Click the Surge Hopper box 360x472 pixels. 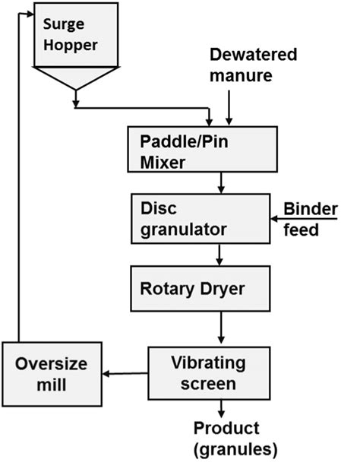(x=76, y=35)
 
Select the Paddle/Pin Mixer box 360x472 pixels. (x=203, y=149)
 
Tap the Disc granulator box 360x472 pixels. (x=201, y=219)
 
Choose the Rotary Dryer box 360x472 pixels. (x=201, y=289)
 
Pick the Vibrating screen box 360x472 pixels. (x=209, y=373)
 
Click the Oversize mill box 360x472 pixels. (x=52, y=375)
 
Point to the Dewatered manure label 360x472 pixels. (x=253, y=65)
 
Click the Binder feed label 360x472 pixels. (x=311, y=220)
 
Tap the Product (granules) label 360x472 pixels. (x=235, y=439)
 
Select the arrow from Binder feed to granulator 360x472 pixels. (x=304, y=219)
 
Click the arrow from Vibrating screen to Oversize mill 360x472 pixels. (x=125, y=374)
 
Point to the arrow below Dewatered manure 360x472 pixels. (x=229, y=108)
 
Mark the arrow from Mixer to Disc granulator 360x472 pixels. (x=221, y=183)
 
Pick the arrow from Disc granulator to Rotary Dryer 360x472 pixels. (x=219, y=255)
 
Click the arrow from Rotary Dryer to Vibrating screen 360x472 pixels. (x=221, y=328)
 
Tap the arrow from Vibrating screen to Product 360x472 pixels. (x=221, y=409)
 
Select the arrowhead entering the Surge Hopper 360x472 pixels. (x=30, y=14)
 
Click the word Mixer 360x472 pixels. (x=163, y=163)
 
